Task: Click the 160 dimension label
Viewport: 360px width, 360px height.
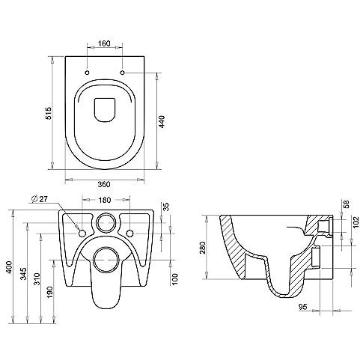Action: pyautogui.click(x=104, y=43)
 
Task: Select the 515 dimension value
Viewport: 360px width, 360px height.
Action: pyautogui.click(x=49, y=113)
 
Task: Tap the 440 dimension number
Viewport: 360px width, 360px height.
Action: pyautogui.click(x=162, y=122)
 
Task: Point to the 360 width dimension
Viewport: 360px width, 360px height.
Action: pyautogui.click(x=104, y=184)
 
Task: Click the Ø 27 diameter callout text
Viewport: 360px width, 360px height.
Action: pyautogui.click(x=40, y=199)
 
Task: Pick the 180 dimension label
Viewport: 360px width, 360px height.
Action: pyautogui.click(x=105, y=200)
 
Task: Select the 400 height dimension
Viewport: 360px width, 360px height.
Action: pyautogui.click(x=9, y=267)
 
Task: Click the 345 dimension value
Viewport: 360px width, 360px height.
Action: pyautogui.click(x=23, y=274)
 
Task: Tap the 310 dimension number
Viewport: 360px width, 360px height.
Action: pyautogui.click(x=37, y=279)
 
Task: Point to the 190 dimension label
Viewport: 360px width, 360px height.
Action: pyautogui.click(x=50, y=293)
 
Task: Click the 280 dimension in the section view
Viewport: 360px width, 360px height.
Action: pyautogui.click(x=203, y=248)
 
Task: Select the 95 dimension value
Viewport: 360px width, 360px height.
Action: pyautogui.click(x=303, y=307)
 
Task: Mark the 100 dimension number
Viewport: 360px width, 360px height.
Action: pyautogui.click(x=175, y=278)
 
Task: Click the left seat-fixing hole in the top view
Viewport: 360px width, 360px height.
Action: pyautogui.click(x=88, y=73)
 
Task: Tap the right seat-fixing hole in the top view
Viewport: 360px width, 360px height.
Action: pyautogui.click(x=123, y=73)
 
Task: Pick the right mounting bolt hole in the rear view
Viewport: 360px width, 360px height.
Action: pyautogui.click(x=129, y=234)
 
